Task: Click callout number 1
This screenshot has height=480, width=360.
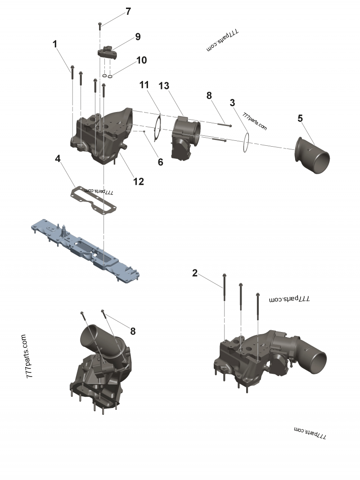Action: click(x=55, y=44)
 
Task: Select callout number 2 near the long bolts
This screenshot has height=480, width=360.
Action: click(x=194, y=273)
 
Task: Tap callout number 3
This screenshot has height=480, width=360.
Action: click(x=232, y=103)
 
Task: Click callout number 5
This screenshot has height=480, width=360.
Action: click(x=300, y=118)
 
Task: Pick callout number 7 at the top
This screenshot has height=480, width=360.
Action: click(x=128, y=12)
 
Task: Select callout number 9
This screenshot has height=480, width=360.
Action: click(x=138, y=37)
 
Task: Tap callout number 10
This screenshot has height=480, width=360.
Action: click(x=141, y=60)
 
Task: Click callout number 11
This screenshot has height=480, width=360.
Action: click(x=144, y=85)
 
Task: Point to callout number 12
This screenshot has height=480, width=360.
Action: click(x=138, y=181)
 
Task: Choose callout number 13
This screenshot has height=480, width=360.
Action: click(x=164, y=85)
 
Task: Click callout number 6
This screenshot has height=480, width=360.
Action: click(x=160, y=162)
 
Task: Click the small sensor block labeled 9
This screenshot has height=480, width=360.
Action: click(x=108, y=51)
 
